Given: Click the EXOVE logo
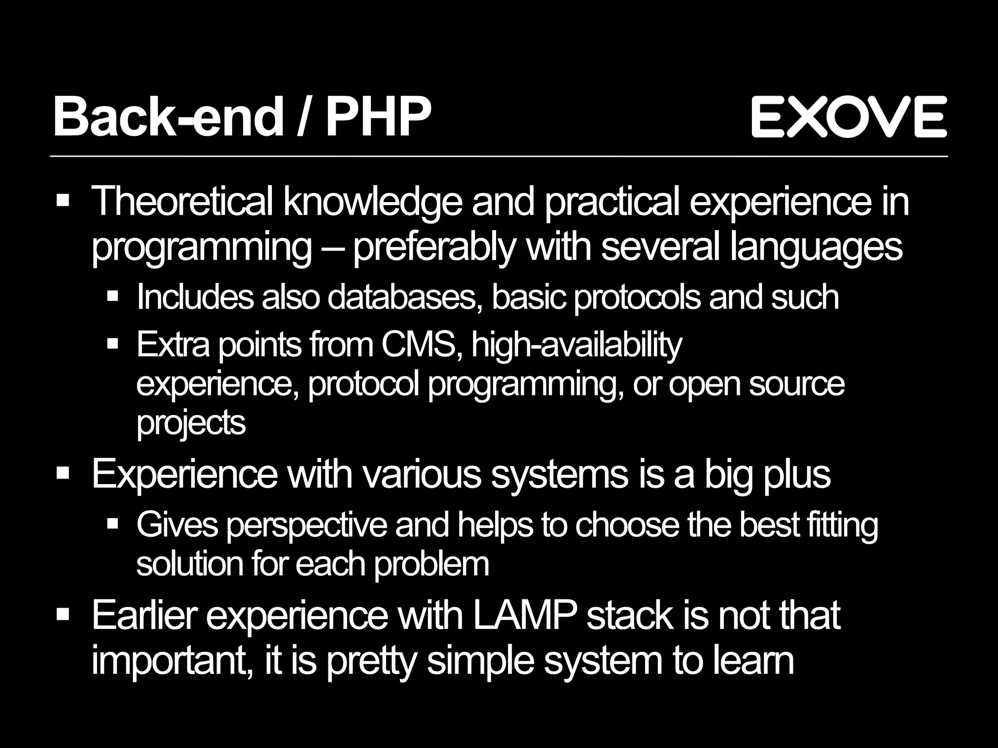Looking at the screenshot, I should click(x=849, y=116).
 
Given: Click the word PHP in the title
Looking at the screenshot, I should click(x=378, y=117).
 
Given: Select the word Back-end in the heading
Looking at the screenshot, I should click(x=168, y=117).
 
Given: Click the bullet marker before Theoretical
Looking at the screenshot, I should click(x=63, y=201).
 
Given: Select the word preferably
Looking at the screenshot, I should click(x=433, y=248).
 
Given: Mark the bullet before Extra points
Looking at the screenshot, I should click(x=113, y=344).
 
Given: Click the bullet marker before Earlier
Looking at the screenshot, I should click(x=63, y=615).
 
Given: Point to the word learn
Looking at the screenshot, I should click(x=753, y=660).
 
